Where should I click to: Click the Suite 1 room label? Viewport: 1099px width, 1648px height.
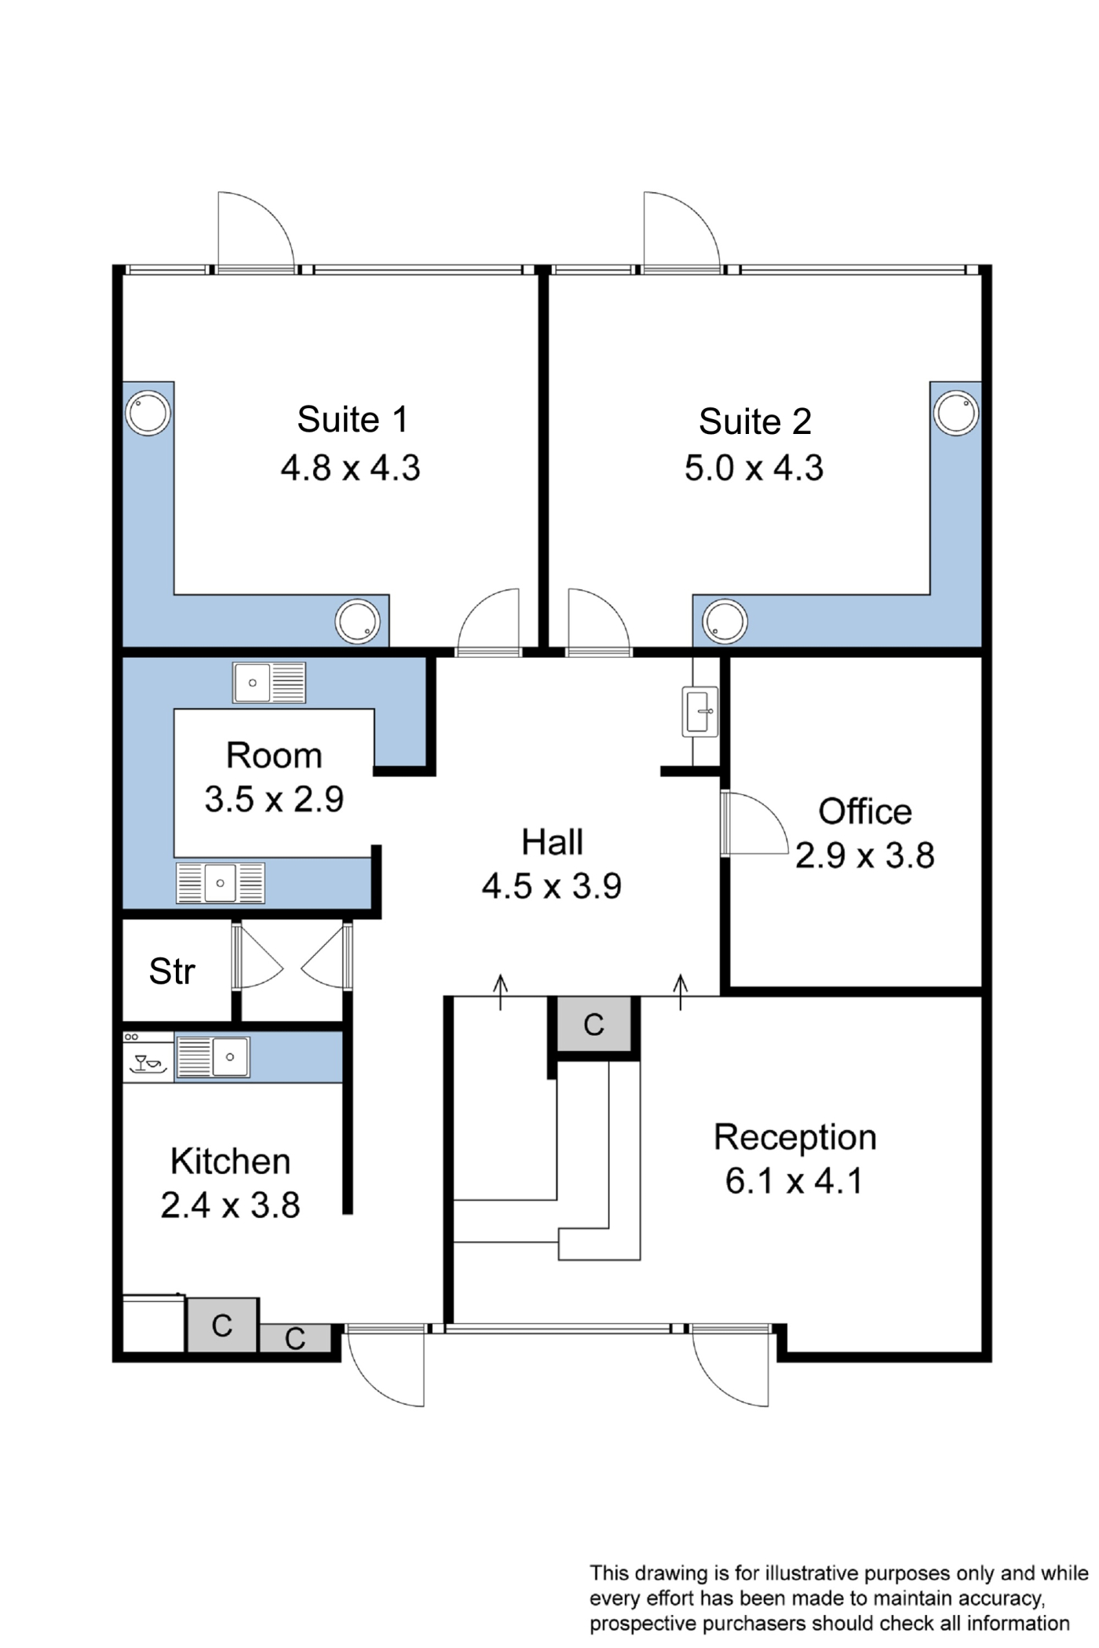click(352, 420)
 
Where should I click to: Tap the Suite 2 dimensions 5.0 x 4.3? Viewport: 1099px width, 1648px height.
click(754, 469)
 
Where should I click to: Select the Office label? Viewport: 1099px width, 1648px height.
click(865, 811)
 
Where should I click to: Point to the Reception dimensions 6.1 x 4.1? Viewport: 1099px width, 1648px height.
click(794, 1181)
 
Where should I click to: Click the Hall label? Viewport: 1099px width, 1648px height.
click(552, 843)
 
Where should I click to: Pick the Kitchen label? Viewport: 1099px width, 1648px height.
click(230, 1161)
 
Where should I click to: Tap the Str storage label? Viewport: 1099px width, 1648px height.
click(172, 972)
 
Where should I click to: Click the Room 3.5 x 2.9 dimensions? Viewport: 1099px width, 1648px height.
click(274, 800)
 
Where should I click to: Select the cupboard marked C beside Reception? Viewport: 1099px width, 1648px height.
click(594, 1024)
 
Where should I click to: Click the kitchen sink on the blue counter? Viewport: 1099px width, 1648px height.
click(213, 1056)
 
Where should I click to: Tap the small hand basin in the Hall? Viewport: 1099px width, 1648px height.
click(699, 711)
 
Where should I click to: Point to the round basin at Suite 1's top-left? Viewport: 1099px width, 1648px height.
click(148, 413)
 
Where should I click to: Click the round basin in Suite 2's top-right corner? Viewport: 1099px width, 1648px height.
click(956, 413)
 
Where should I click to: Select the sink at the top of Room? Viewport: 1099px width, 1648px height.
click(269, 683)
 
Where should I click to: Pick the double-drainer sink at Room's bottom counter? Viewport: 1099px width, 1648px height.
click(221, 883)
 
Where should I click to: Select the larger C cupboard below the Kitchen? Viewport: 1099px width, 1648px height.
click(222, 1325)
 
